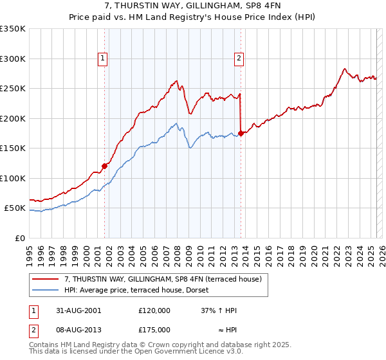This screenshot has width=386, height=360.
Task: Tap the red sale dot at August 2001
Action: coord(104,165)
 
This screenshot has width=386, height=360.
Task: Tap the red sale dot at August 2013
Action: coord(241,133)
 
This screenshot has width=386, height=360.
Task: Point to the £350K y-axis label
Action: coord(13,29)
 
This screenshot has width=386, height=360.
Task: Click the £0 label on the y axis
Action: coord(19,238)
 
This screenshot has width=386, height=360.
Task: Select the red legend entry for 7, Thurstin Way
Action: coord(162,279)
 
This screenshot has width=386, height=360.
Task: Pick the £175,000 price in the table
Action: coord(154,329)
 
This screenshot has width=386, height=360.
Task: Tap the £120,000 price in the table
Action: coord(154,310)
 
